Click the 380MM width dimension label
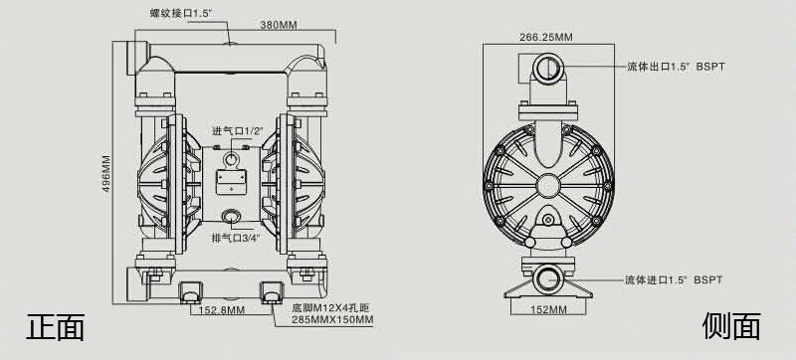[279, 24]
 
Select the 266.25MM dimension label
[545, 37]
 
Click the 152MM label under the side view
[548, 310]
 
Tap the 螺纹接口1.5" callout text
[181, 13]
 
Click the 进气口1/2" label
[238, 131]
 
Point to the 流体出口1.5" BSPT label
[676, 67]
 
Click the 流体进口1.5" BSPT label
[674, 279]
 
